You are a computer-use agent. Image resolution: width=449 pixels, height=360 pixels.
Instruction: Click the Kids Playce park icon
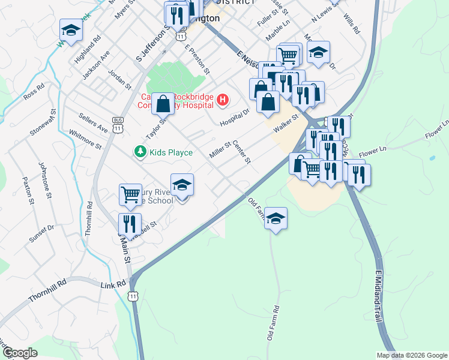(140, 152)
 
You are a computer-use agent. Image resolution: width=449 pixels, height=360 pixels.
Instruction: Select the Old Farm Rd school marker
(276, 218)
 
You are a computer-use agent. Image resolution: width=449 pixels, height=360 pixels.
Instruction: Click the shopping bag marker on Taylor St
(163, 104)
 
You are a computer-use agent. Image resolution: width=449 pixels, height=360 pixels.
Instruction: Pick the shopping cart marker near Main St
(130, 194)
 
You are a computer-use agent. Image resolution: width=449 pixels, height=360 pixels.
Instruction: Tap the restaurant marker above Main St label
(130, 224)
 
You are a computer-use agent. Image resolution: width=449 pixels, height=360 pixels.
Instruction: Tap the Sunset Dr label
(42, 233)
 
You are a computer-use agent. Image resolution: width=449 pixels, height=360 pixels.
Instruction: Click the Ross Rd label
(34, 91)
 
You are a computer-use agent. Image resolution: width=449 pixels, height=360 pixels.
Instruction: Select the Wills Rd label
(352, 25)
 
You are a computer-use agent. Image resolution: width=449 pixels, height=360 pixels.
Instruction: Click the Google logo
(20, 353)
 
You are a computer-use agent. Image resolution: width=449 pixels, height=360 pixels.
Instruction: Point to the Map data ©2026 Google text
(412, 355)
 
